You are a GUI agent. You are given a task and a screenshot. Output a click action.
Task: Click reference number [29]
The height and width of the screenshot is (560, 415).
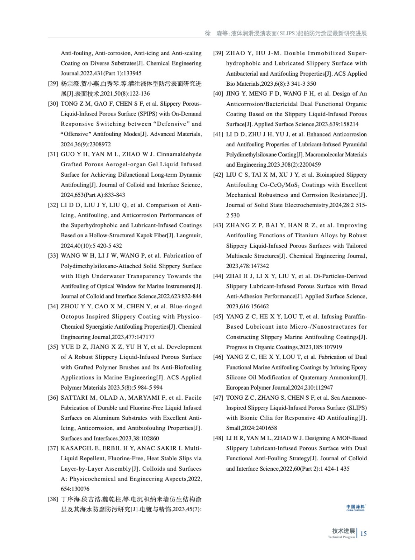(x=53, y=84)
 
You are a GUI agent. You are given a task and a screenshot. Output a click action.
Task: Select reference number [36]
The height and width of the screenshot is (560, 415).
(x=53, y=398)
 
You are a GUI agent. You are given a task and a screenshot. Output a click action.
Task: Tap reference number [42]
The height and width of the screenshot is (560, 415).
(x=218, y=175)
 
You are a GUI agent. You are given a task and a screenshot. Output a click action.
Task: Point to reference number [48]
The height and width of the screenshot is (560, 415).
(x=218, y=438)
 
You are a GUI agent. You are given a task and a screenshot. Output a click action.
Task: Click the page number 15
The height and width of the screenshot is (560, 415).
(x=363, y=533)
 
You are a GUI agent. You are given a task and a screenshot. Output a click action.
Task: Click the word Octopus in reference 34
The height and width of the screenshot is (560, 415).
(x=72, y=317)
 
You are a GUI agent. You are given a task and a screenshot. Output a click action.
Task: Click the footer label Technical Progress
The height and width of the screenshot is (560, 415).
(x=341, y=537)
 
